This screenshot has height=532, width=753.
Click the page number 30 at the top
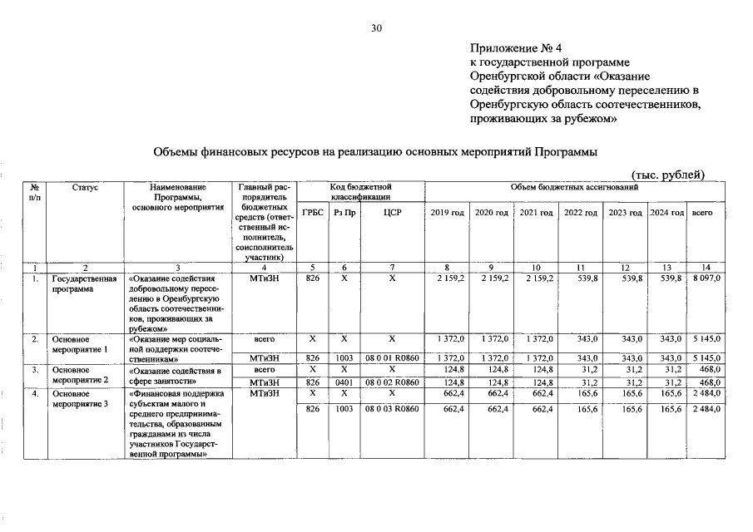point(376,28)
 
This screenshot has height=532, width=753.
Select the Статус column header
point(85,189)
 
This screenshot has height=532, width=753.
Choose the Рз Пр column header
point(345,214)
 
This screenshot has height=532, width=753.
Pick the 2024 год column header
point(666,214)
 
